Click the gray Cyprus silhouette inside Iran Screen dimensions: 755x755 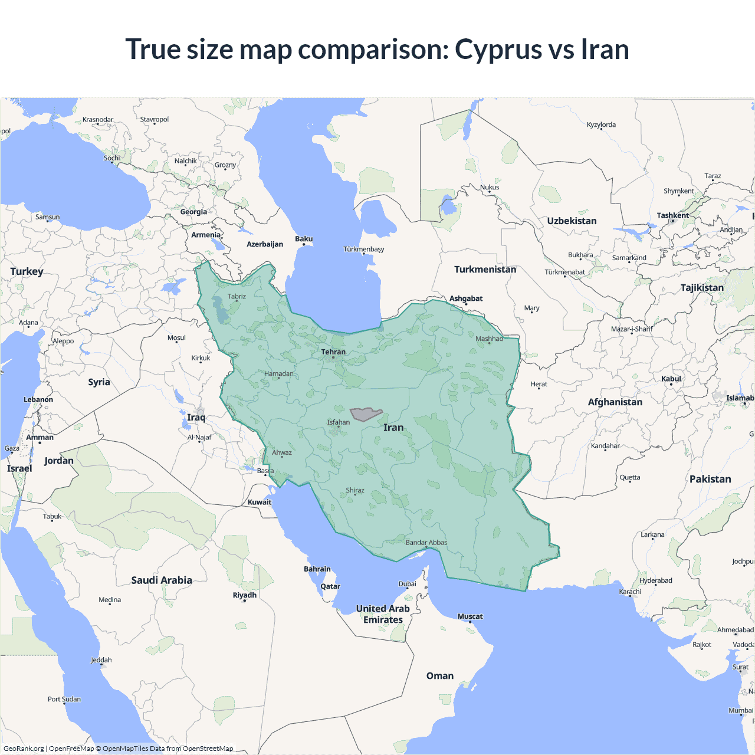366,414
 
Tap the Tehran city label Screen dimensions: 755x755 333,352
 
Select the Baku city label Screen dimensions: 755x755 304,239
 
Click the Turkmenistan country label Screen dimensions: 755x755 485,270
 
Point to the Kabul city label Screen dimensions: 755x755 671,379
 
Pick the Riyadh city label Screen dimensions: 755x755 245,595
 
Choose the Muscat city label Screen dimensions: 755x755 470,616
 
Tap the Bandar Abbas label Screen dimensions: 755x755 426,543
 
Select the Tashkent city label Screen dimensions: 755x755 672,215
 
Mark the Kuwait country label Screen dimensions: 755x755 260,503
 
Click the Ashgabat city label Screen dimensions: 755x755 466,298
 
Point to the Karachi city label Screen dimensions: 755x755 630,592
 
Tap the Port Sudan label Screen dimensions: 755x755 64,699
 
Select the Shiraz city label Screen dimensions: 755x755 355,490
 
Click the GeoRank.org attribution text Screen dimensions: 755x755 24,749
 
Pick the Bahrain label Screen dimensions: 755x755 317,569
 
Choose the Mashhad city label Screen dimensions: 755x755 490,339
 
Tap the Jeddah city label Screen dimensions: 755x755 101,660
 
